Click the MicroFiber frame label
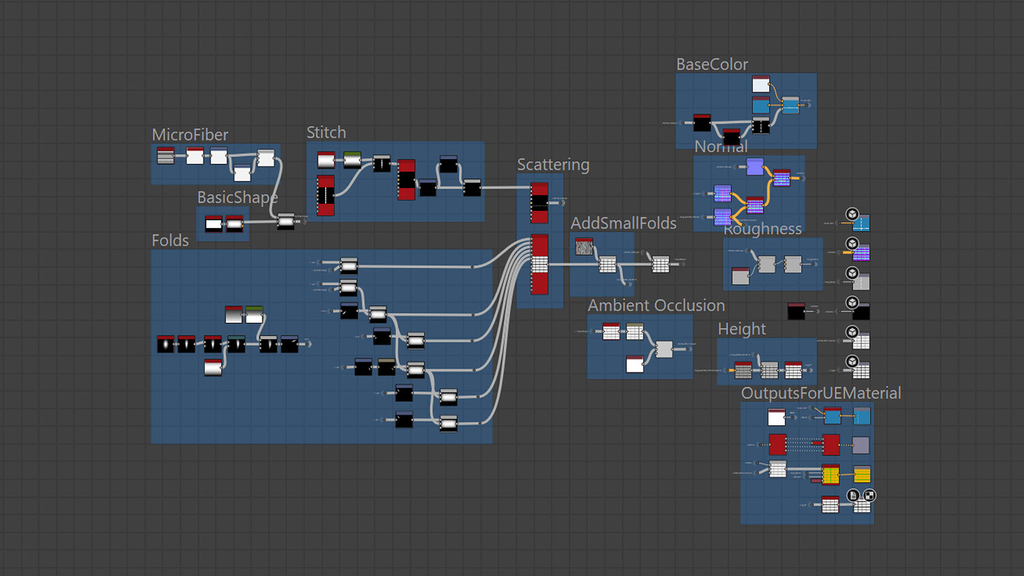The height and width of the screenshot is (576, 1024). [x=190, y=134]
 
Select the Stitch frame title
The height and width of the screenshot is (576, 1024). [x=326, y=132]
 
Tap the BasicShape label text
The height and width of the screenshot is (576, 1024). [x=237, y=197]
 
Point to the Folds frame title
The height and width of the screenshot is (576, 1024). [x=170, y=240]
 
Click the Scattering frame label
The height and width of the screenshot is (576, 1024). [x=553, y=164]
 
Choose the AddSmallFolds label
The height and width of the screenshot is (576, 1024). [x=623, y=223]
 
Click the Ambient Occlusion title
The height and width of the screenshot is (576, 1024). [x=656, y=305]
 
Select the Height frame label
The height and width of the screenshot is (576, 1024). [x=741, y=329]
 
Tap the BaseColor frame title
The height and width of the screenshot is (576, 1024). [x=712, y=64]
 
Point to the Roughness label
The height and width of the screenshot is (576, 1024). [x=763, y=229]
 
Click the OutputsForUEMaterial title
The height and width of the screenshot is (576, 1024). [x=821, y=393]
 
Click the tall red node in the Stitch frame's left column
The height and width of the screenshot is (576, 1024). [x=326, y=195]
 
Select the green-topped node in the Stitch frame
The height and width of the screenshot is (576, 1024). [x=352, y=160]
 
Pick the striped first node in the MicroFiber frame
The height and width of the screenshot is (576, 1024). [x=165, y=156]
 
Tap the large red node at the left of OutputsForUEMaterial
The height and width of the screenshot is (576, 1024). [x=778, y=444]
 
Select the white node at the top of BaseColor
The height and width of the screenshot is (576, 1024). [x=760, y=84]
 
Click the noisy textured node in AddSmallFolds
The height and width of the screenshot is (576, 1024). [x=584, y=246]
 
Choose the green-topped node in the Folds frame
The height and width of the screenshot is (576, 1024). [x=254, y=315]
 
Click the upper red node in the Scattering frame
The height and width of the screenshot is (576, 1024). [x=539, y=203]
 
